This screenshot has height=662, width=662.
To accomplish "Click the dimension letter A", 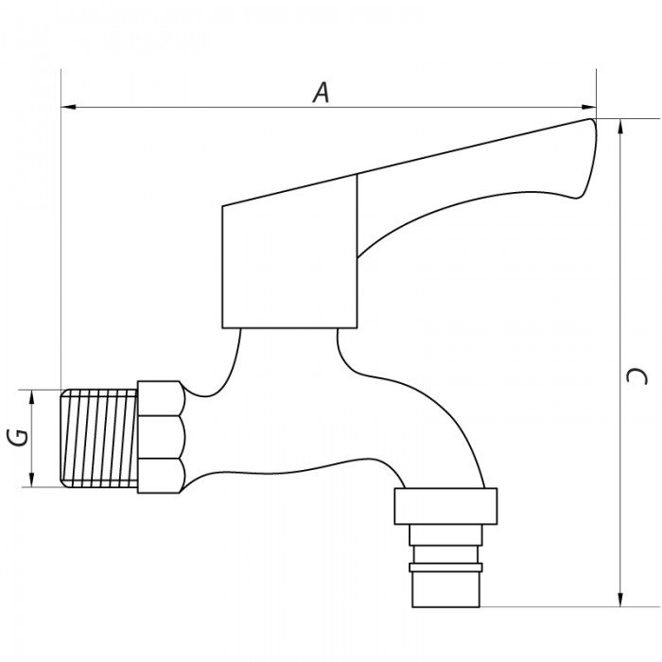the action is [322, 93].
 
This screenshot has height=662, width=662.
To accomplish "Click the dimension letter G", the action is [18, 437].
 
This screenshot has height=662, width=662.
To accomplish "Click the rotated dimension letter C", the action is [636, 375].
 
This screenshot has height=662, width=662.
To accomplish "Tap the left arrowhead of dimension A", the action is [69, 107].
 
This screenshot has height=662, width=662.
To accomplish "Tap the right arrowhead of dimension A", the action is [589, 107].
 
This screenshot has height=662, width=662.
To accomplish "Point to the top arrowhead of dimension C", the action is [620, 127].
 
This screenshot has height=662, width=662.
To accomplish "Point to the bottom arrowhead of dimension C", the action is [620, 600].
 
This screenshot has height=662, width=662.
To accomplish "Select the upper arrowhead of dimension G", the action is [31, 398].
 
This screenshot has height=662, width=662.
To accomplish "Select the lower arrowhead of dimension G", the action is [31, 479].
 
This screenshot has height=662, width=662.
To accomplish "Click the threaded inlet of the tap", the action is [99, 438].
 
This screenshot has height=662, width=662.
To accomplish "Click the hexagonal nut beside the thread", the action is [162, 437].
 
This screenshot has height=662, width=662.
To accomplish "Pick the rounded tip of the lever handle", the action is [588, 157].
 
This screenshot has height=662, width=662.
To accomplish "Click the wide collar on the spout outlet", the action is [445, 506].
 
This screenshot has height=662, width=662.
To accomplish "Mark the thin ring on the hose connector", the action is [445, 567].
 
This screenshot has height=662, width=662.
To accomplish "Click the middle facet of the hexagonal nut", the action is [162, 437].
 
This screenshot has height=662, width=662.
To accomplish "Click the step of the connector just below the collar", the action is [445, 535].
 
